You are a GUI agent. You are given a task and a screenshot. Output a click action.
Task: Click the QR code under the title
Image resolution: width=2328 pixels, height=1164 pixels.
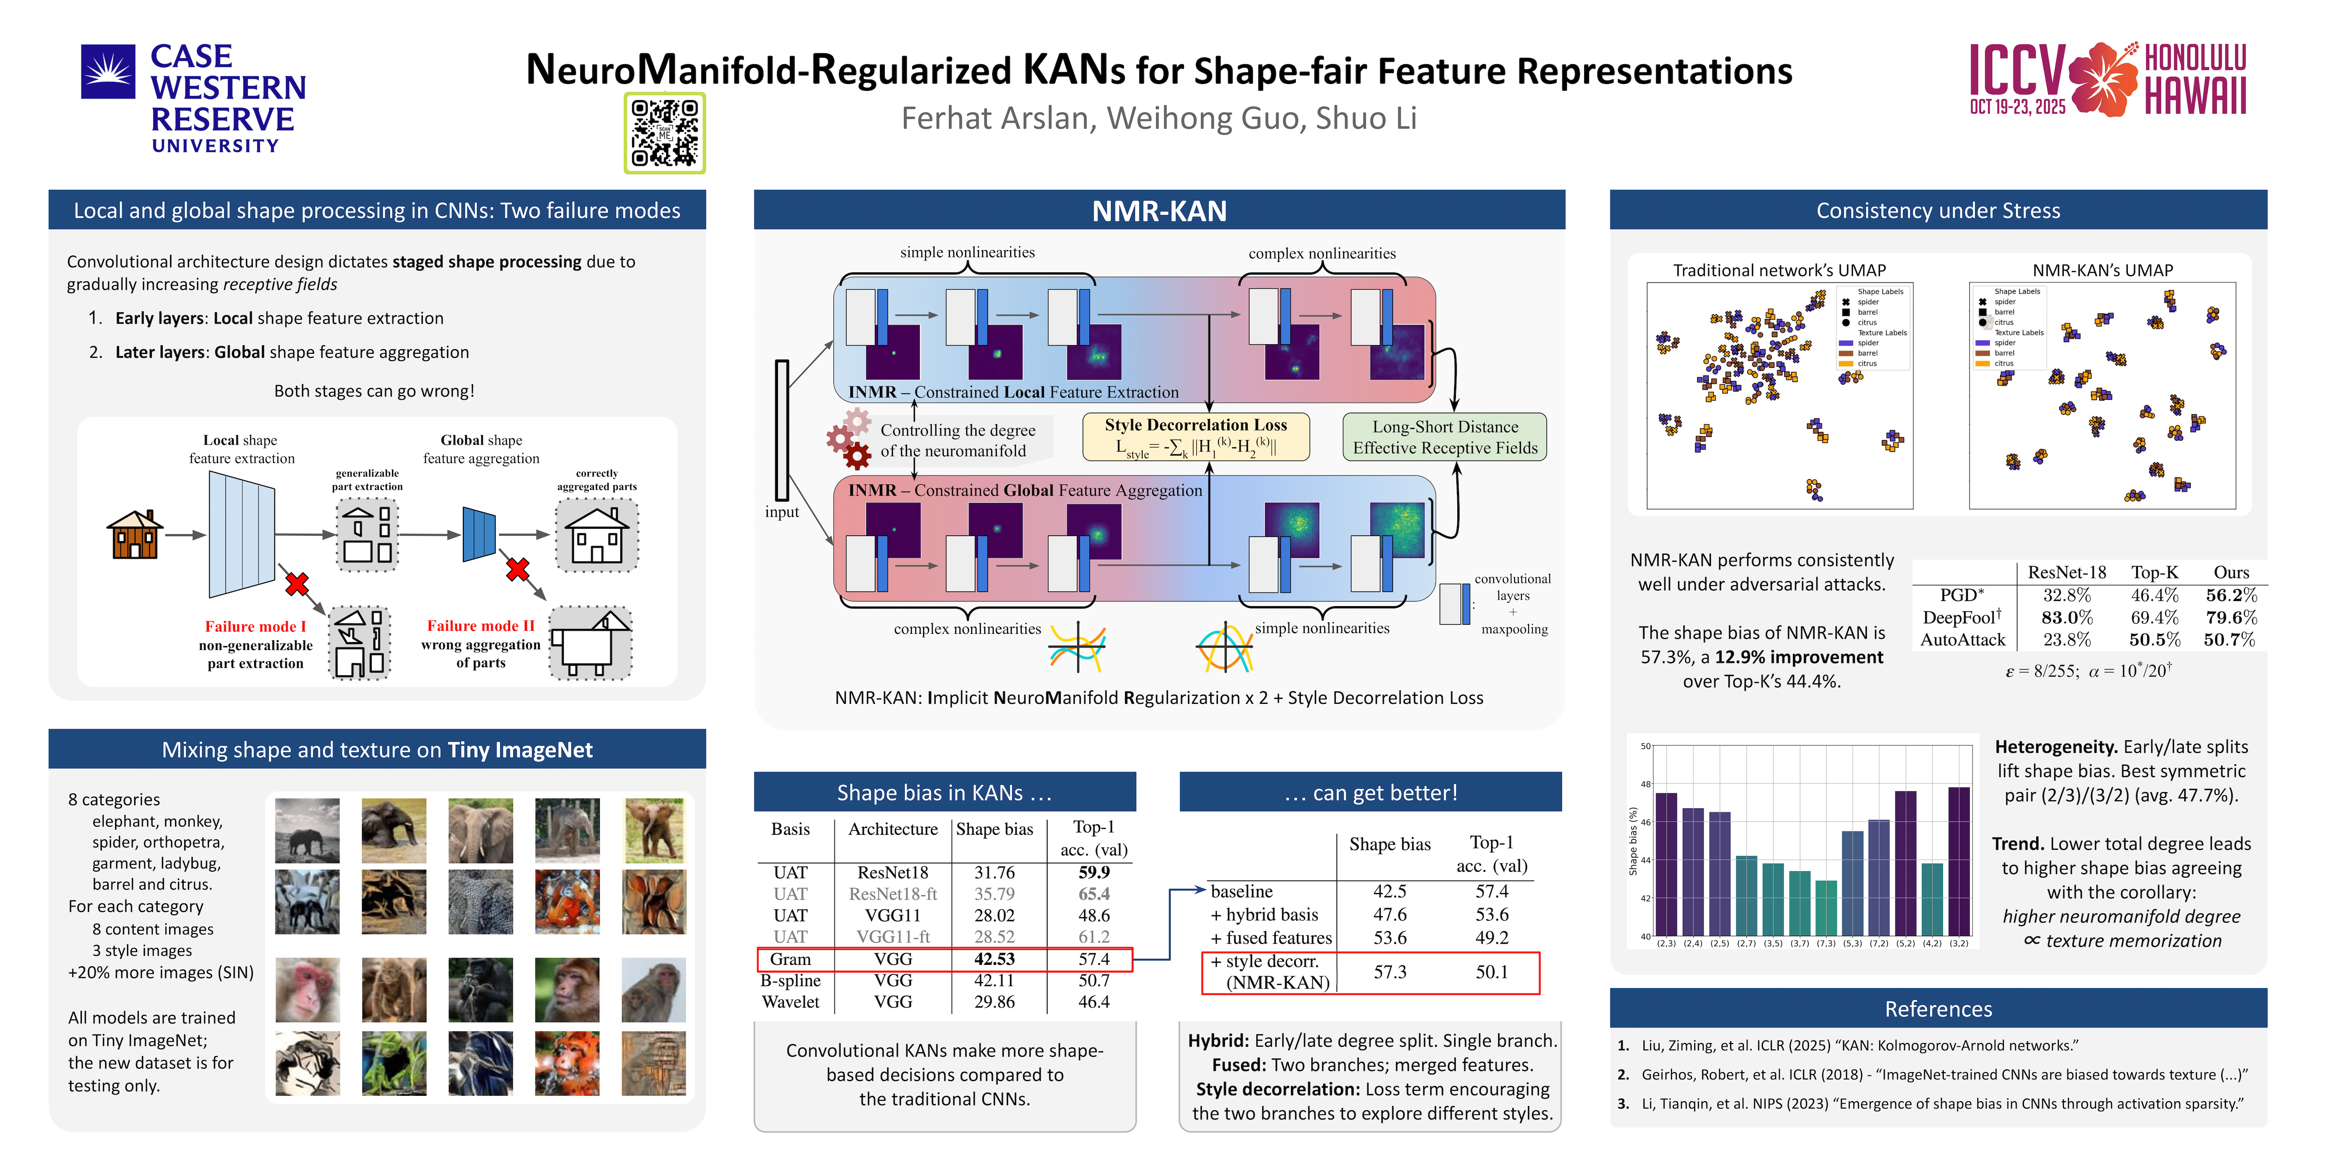click(664, 133)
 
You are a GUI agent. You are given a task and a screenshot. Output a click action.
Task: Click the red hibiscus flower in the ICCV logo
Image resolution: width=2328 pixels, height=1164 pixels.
click(2103, 80)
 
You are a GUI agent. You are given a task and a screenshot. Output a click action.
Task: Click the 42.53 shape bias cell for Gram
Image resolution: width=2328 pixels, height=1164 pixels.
click(994, 959)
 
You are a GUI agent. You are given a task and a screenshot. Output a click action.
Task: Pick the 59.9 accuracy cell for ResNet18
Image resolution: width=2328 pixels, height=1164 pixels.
click(1094, 872)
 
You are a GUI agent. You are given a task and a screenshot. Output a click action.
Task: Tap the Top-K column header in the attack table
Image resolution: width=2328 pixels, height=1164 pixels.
click(2154, 572)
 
